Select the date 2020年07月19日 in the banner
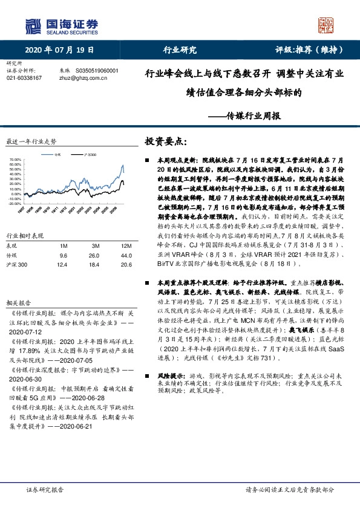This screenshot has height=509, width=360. [61, 50]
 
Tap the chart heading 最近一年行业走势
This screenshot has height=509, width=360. [31, 141]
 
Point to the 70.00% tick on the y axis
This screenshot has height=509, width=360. [16, 160]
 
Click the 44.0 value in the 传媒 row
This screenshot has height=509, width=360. [126, 239]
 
